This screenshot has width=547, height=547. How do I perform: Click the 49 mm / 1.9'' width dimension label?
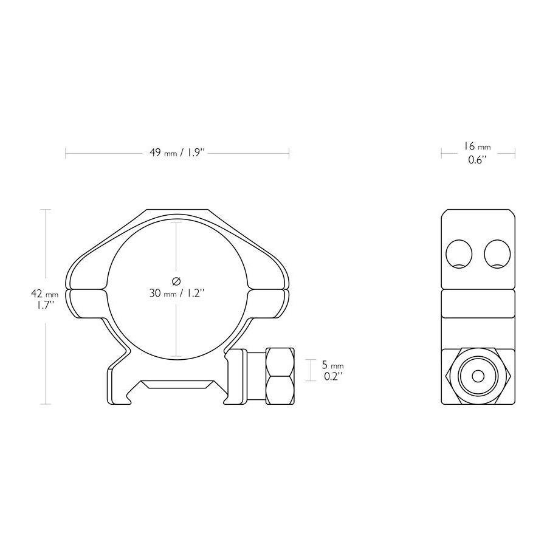[178, 153]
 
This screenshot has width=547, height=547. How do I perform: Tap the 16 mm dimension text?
[476, 146]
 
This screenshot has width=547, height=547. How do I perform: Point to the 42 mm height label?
[44, 294]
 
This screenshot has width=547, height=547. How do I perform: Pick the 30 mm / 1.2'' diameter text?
[177, 293]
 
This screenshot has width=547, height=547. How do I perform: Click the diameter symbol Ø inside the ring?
[176, 280]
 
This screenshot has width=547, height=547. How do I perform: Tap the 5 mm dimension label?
[332, 365]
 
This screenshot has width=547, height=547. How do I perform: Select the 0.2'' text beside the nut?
[332, 377]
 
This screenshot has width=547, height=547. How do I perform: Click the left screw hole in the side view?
[458, 253]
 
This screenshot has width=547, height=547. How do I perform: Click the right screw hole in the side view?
[497, 253]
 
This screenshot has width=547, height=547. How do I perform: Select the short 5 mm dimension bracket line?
[311, 371]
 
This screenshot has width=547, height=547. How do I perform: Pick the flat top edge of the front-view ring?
[177, 211]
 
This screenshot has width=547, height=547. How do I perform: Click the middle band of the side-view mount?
[477, 302]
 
